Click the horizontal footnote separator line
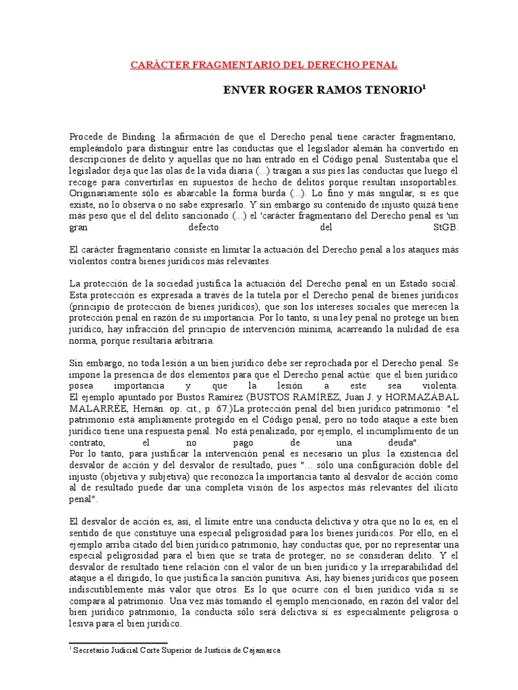point(119,644)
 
